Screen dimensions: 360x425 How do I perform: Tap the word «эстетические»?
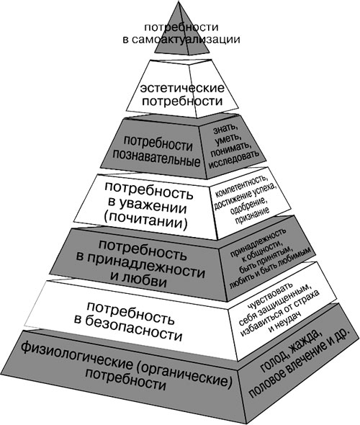coord(182,89)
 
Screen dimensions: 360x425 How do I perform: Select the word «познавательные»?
coord(156,159)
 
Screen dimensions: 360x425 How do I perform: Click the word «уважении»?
coord(153,207)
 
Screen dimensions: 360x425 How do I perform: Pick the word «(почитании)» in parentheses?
coord(145,222)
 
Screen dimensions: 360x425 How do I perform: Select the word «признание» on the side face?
coord(253,216)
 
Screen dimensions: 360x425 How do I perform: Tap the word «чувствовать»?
coord(271,296)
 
